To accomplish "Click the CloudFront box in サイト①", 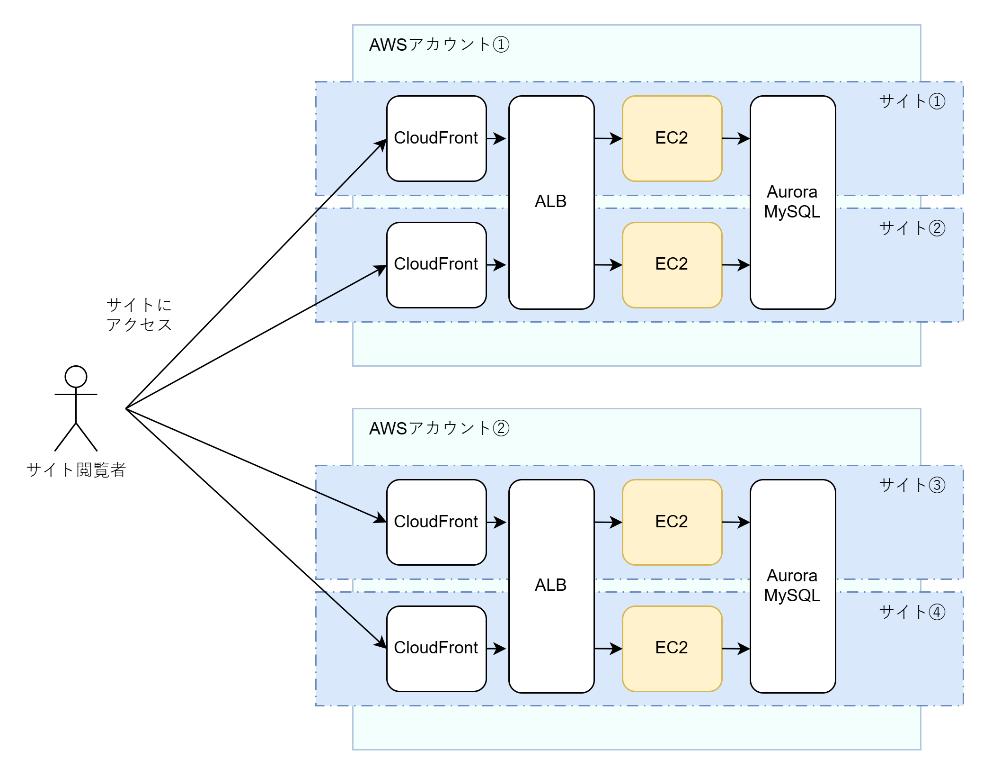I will pos(436,138).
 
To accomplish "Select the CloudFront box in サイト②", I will pos(436,264).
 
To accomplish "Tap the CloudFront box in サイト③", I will pos(436,522).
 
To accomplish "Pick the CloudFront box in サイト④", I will pos(436,648).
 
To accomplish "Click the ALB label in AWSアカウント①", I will pos(550,201).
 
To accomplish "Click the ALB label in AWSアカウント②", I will pos(550,585).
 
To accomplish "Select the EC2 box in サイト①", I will pos(672,138).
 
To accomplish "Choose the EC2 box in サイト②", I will pos(672,264).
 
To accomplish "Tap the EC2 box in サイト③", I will pos(672,522).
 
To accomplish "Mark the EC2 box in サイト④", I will pos(672,648).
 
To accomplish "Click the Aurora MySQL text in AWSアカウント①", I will pos(792,202).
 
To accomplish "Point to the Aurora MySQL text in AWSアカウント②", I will pos(792,586).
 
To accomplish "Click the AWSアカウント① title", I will pos(439,45).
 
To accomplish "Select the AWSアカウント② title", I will pos(439,428).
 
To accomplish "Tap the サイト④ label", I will pos(912,612).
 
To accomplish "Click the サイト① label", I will pos(912,101).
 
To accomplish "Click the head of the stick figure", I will pos(76,377).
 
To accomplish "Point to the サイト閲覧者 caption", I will pos(76,470).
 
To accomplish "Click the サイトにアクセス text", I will pos(139,315).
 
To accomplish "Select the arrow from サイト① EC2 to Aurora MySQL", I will pos(735,138).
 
